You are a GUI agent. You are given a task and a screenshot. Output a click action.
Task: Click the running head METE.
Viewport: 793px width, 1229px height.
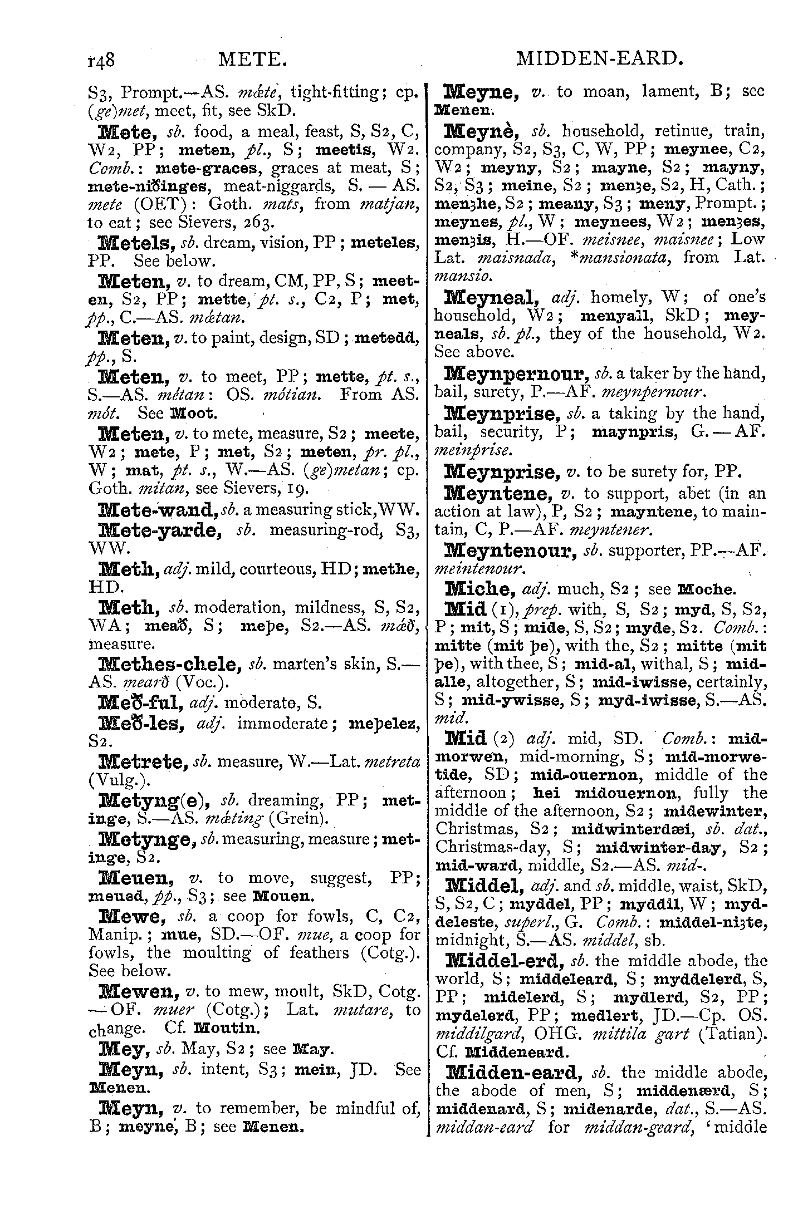click(253, 59)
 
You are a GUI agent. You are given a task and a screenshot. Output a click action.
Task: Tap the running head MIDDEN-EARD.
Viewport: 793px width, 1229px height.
click(599, 59)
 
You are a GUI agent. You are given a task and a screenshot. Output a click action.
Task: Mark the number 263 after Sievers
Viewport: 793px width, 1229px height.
click(260, 223)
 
